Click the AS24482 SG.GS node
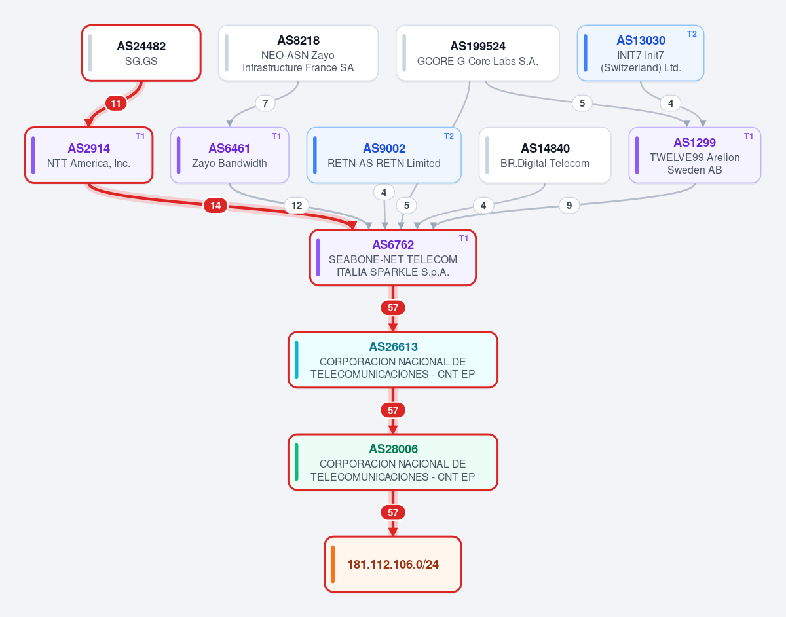click(x=141, y=53)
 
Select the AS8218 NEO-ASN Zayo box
click(x=298, y=53)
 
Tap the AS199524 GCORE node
click(x=477, y=53)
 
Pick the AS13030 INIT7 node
click(x=640, y=53)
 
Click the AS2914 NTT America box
click(x=88, y=155)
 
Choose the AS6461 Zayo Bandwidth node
click(x=229, y=155)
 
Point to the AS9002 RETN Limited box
click(x=384, y=155)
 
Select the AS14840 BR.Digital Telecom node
click(x=545, y=155)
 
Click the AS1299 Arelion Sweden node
click(x=694, y=155)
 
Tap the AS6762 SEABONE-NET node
click(x=393, y=257)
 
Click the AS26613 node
click(x=393, y=360)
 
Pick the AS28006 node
click(x=393, y=462)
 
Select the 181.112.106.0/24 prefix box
click(x=393, y=564)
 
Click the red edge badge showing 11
click(x=116, y=103)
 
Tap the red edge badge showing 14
click(x=215, y=206)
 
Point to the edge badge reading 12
click(x=297, y=206)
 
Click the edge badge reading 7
click(x=265, y=103)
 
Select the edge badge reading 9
click(x=569, y=206)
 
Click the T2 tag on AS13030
click(x=692, y=34)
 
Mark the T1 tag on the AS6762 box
click(x=464, y=238)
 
